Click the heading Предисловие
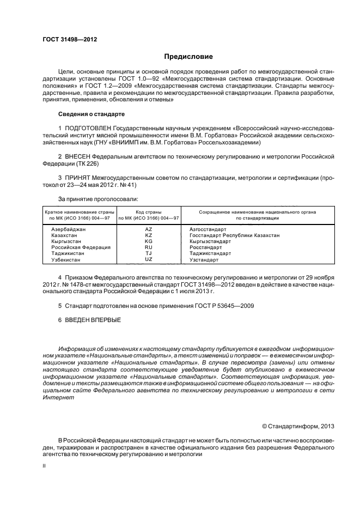click(188, 56)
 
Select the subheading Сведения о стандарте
click(91, 114)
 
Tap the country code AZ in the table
click(148, 229)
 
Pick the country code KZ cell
click(148, 235)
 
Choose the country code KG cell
click(148, 241)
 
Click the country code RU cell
click(148, 247)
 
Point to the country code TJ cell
click(148, 253)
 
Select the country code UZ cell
click(148, 259)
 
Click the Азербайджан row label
click(69, 229)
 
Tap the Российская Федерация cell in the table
click(81, 247)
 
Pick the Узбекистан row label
click(66, 260)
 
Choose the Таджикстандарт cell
click(210, 253)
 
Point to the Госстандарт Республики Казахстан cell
click(235, 235)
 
